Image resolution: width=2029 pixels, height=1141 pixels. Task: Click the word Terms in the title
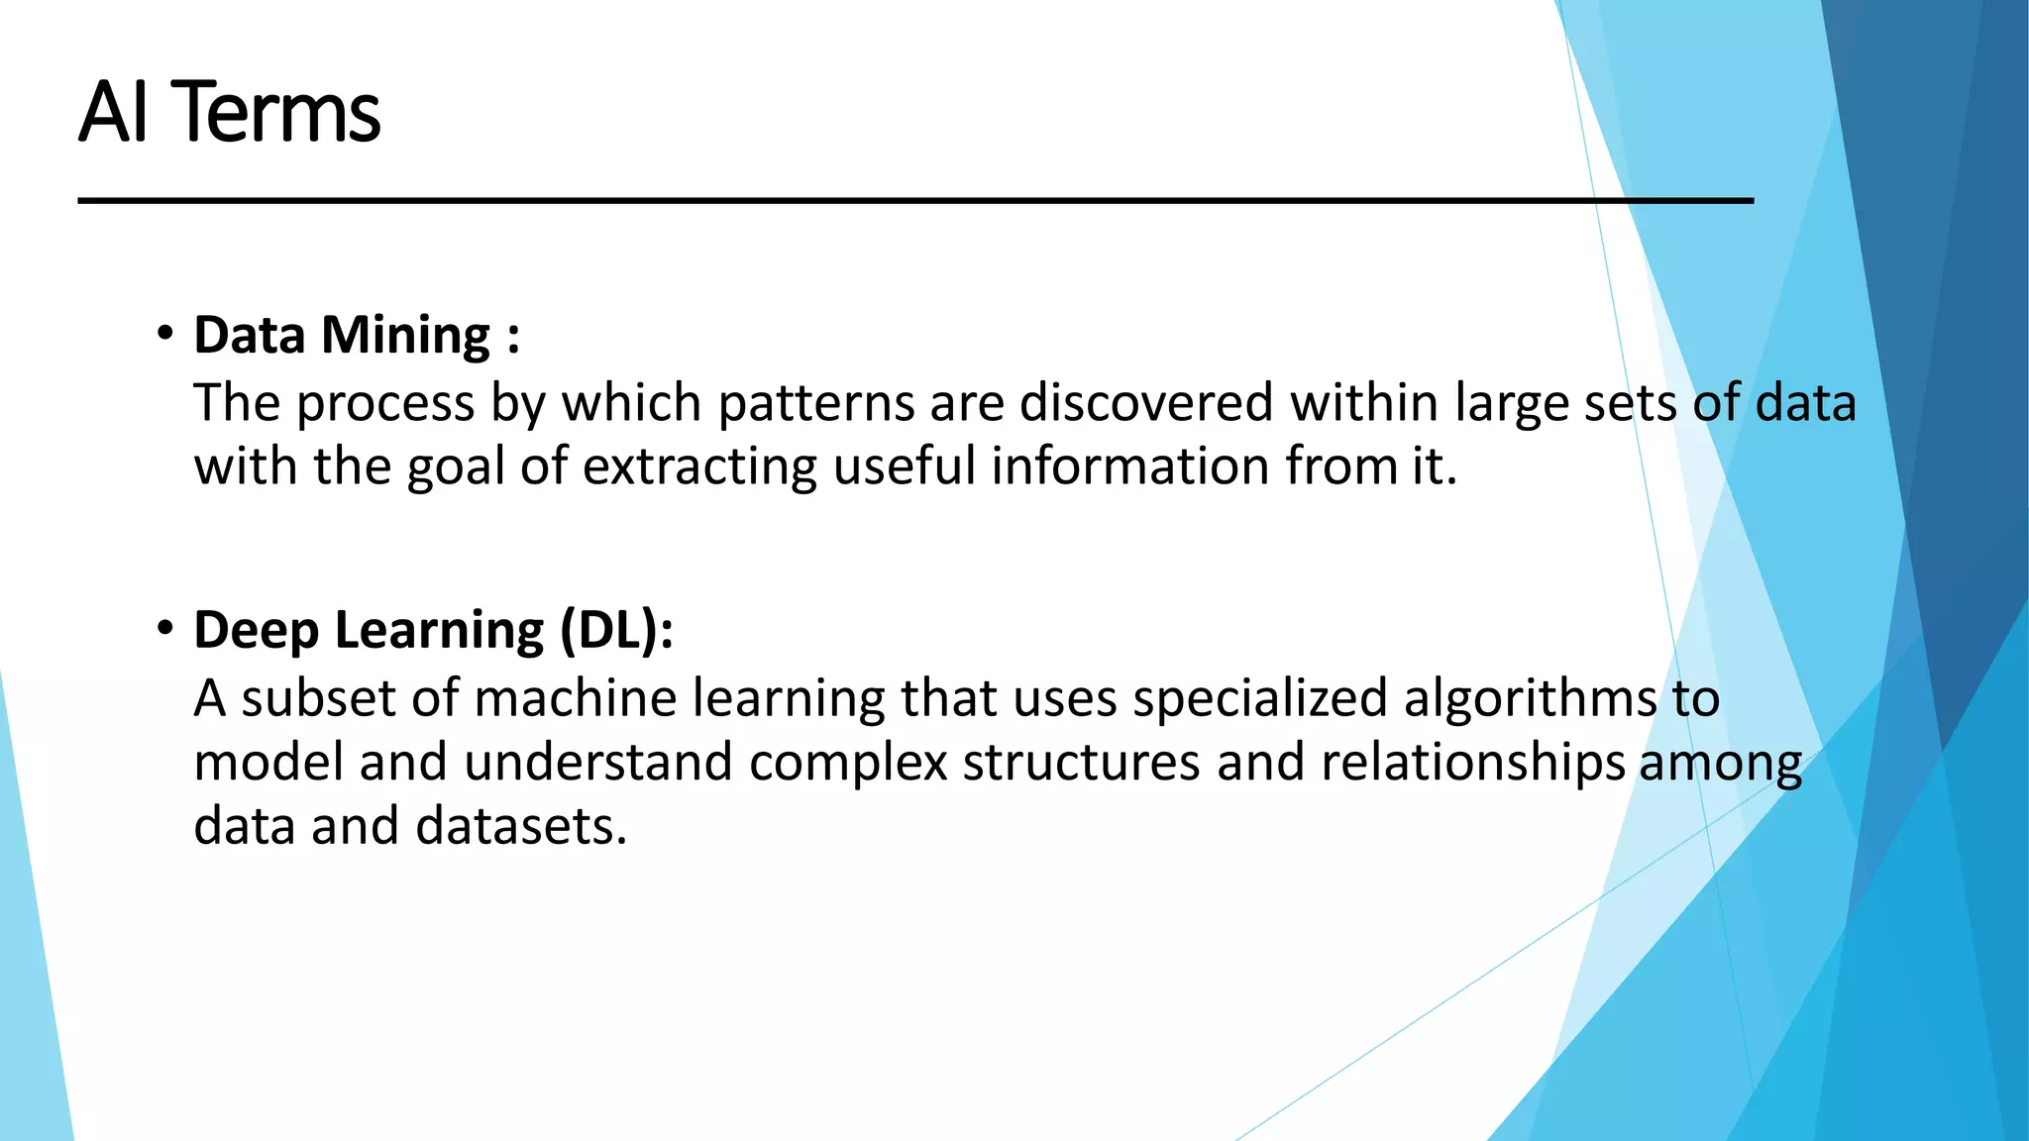coord(279,112)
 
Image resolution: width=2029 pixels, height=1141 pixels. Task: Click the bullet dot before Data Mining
coord(165,333)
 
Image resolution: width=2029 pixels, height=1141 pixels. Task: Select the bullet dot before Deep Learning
coord(165,628)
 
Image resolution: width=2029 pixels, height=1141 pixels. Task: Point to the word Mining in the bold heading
coord(406,337)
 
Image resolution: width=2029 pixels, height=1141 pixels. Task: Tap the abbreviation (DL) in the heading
coord(616,631)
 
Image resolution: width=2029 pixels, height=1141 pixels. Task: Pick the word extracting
coord(699,467)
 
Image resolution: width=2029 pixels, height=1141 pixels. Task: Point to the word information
coord(1130,466)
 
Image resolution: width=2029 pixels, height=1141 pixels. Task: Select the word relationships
coord(1472,763)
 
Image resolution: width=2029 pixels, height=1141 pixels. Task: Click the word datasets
coord(521,826)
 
